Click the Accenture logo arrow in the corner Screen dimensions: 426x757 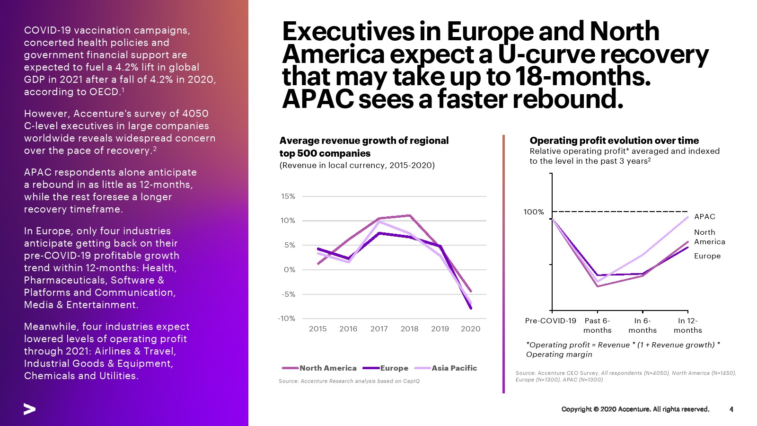tap(29, 409)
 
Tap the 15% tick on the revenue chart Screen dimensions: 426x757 tap(288, 196)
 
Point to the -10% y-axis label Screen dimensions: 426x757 tap(287, 319)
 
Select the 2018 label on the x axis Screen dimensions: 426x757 tap(409, 329)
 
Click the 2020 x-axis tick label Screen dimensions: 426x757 tap(470, 329)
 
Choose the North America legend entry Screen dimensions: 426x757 tap(327, 368)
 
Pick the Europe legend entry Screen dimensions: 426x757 tap(394, 368)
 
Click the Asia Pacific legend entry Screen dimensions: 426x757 tap(454, 368)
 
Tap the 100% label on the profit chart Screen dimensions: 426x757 tap(534, 212)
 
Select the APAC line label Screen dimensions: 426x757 tap(704, 217)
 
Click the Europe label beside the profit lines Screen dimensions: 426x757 tap(707, 256)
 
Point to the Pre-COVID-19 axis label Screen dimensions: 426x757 tap(551, 321)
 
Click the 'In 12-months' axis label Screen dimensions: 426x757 tap(687, 326)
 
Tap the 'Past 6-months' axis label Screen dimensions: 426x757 tap(597, 326)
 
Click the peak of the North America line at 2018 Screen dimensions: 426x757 tap(410, 216)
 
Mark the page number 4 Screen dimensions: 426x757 tap(731, 409)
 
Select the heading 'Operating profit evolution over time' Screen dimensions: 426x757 tap(614, 141)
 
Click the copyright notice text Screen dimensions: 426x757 tap(635, 409)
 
